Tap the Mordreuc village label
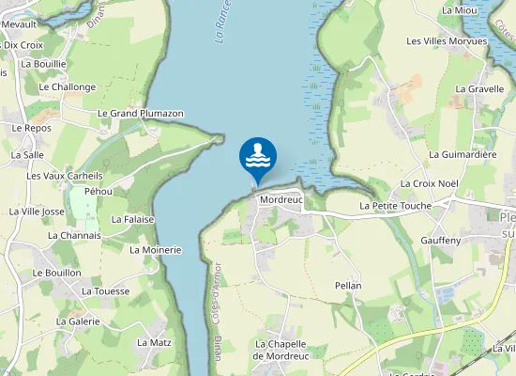click(280, 200)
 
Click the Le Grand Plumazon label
click(141, 114)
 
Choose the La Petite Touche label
click(395, 205)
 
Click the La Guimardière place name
click(463, 153)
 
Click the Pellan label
click(348, 285)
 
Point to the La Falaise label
click(132, 219)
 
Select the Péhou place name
click(99, 191)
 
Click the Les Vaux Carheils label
click(65, 176)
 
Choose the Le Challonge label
click(68, 86)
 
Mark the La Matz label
click(154, 342)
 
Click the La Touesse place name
click(106, 291)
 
